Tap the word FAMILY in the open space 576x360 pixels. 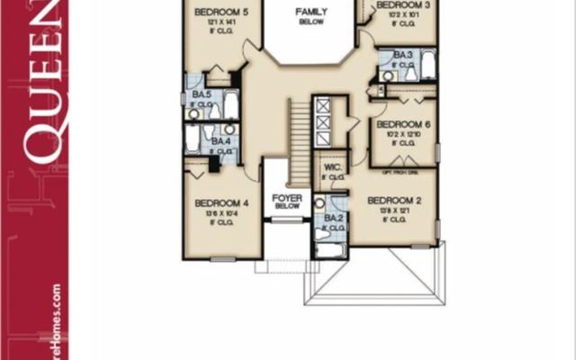[311, 12]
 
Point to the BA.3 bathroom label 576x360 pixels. [402, 55]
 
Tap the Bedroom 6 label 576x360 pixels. [403, 125]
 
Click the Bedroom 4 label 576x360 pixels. [221, 203]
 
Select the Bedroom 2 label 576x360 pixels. [394, 200]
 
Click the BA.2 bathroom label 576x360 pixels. [333, 218]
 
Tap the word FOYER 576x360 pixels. [286, 196]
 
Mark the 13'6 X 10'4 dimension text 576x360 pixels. [221, 213]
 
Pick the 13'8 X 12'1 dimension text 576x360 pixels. [394, 210]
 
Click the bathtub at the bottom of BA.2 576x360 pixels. [330, 250]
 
